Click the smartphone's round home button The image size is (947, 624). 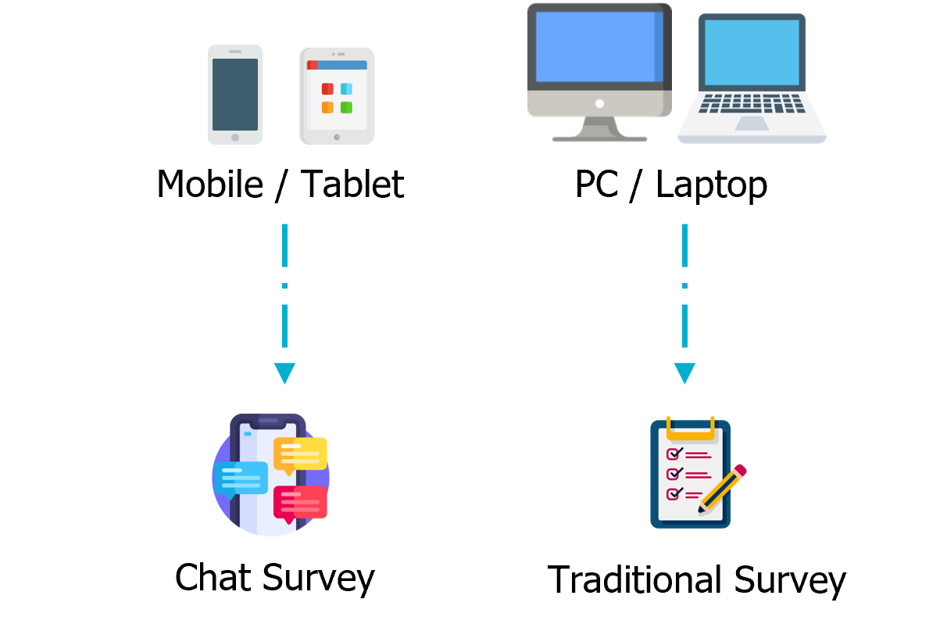click(x=235, y=138)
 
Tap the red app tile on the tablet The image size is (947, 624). click(x=327, y=89)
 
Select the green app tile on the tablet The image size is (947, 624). click(x=346, y=108)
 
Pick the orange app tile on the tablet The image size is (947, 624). click(x=327, y=108)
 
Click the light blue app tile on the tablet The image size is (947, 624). click(x=346, y=89)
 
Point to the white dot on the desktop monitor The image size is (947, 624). click(x=599, y=103)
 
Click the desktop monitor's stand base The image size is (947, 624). click(x=599, y=139)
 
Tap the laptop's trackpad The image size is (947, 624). click(x=752, y=124)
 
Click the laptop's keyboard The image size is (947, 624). click(x=751, y=103)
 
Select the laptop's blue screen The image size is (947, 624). click(x=752, y=52)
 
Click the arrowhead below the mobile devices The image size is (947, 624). click(x=284, y=373)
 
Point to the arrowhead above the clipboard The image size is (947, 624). click(x=684, y=373)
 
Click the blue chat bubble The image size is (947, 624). click(x=241, y=477)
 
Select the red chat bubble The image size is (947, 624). click(x=300, y=502)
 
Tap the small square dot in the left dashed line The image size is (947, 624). click(x=284, y=286)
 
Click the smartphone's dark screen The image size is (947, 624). click(x=235, y=94)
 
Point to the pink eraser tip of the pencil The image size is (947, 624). click(x=740, y=471)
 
